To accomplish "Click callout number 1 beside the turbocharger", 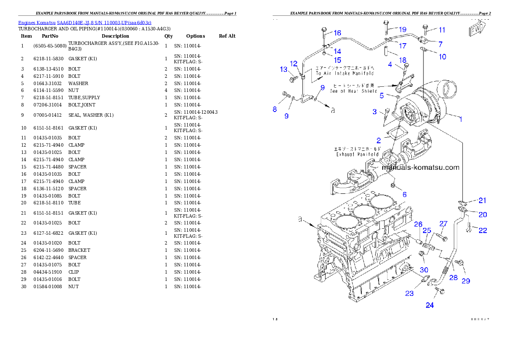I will tap(461, 119).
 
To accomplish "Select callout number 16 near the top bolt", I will tap(337, 33).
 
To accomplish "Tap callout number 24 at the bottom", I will tap(429, 305).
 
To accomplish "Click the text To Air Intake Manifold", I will tap(345, 73).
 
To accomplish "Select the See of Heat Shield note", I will tap(353, 91).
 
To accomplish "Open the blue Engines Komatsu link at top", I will tap(85, 23).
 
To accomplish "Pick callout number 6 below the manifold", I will tap(404, 194).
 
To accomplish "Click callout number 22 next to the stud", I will tap(482, 230).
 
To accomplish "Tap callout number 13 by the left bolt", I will tap(284, 69).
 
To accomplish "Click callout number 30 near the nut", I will tap(423, 270).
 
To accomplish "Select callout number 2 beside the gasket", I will tap(379, 140).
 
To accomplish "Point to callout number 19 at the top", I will tap(402, 30).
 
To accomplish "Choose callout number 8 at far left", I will tap(275, 109).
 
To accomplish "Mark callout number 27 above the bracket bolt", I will tap(443, 224).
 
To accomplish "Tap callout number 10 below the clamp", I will tap(442, 56).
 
